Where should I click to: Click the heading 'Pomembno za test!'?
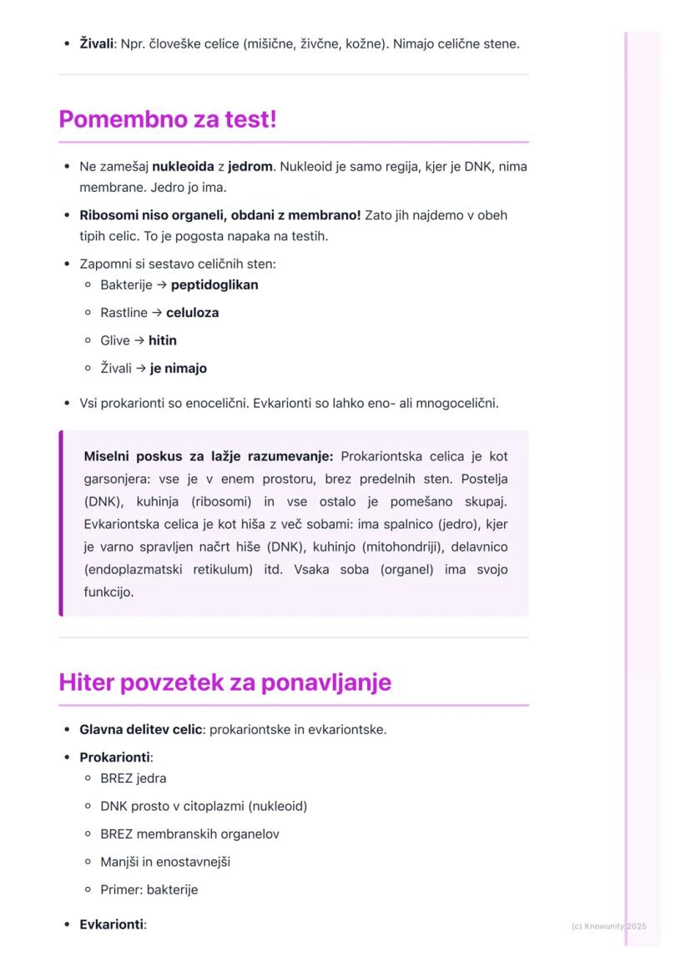pos(167,119)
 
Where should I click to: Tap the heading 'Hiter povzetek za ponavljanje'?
pos(224,682)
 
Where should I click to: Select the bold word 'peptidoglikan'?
pos(214,285)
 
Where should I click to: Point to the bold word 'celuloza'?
pos(193,313)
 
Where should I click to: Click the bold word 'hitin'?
pos(163,340)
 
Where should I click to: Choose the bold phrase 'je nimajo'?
pos(179,368)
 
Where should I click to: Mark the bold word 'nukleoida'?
pos(183,166)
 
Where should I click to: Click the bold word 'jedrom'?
pos(250,166)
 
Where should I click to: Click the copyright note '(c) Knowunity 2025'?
pos(608,926)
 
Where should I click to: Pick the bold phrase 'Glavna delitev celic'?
pos(140,729)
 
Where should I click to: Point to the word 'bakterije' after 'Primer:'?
pos(172,889)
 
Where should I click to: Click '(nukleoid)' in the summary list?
pos(278,806)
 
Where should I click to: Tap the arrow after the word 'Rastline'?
pos(158,313)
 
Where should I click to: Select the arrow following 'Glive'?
pos(139,340)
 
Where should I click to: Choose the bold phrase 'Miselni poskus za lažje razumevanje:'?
pos(209,456)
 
